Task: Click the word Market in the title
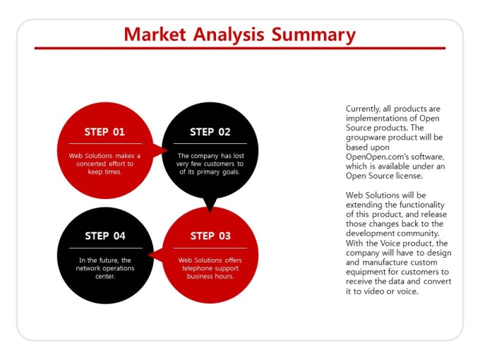pos(155,35)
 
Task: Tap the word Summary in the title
pos(313,35)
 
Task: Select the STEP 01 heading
pos(104,131)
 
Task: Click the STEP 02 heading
pos(210,131)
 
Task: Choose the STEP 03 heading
pos(210,236)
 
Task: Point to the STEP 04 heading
pos(105,236)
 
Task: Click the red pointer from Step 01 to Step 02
pos(160,150)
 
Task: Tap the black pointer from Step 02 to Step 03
pos(210,205)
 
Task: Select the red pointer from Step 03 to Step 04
pos(155,255)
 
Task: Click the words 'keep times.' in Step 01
pos(104,172)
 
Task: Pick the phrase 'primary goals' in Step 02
pos(218,172)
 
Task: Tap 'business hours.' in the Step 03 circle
pos(210,276)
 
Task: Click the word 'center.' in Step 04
pos(105,276)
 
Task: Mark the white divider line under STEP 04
pos(106,248)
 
